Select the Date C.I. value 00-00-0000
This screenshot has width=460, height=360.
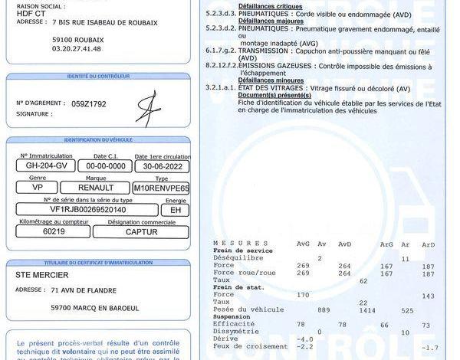tap(105, 165)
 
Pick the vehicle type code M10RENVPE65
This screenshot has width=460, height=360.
tap(160, 187)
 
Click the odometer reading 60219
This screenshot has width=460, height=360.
tap(54, 231)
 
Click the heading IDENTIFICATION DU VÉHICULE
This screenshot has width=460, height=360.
tap(98, 140)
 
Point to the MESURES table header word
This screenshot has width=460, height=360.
tap(231, 243)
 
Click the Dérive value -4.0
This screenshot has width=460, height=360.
tap(305, 339)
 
